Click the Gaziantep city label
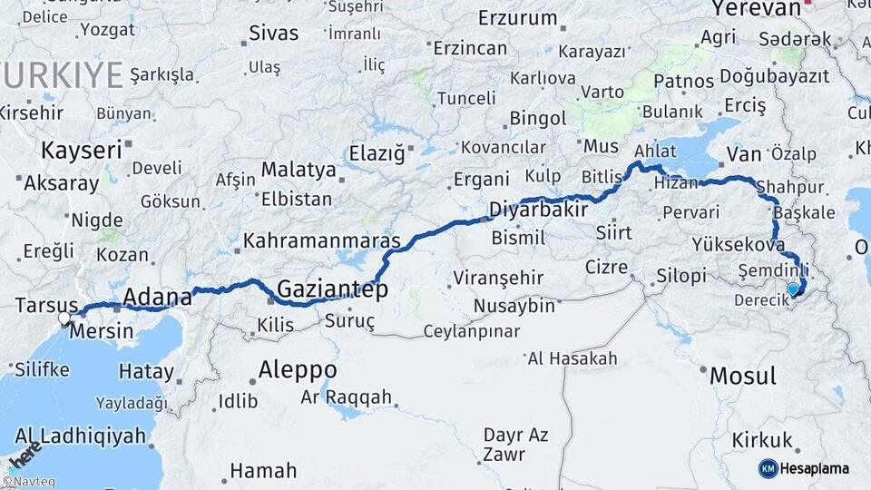click(332, 289)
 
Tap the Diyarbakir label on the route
click(539, 210)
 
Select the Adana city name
click(157, 297)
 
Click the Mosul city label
click(742, 376)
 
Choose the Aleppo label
click(297, 370)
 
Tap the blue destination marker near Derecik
click(793, 289)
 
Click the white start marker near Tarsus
click(64, 318)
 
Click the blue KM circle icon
click(768, 468)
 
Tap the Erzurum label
click(517, 18)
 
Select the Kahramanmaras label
click(322, 242)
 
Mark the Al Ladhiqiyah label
click(80, 436)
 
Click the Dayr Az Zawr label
click(514, 444)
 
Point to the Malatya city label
click(292, 170)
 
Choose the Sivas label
click(273, 34)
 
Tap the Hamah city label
click(263, 471)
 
